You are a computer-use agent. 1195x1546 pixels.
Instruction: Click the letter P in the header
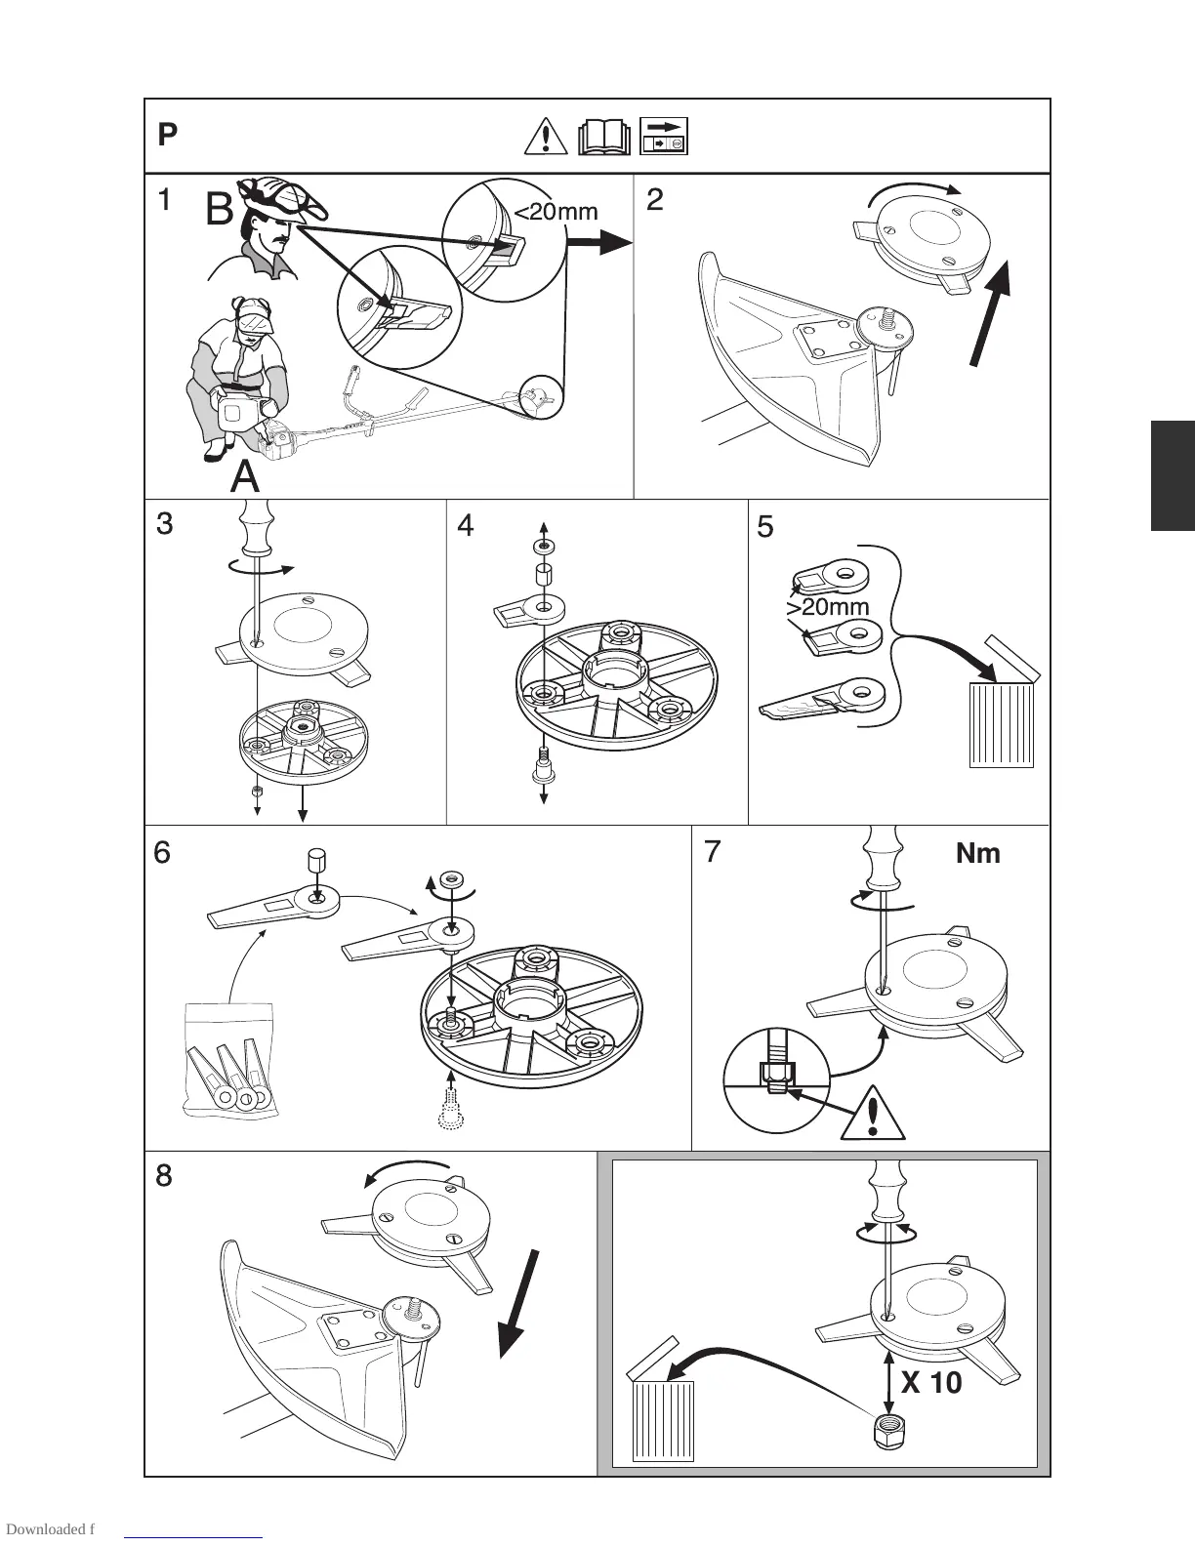(x=167, y=136)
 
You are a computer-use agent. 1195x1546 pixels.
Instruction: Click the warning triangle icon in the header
(x=547, y=136)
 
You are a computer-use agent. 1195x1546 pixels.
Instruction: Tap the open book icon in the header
(x=604, y=137)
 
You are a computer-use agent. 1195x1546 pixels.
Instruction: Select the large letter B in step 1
(x=220, y=210)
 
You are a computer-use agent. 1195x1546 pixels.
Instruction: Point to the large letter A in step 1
(x=245, y=477)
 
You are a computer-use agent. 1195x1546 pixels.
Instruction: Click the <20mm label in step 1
(x=556, y=211)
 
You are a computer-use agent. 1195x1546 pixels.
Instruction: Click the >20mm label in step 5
(x=827, y=607)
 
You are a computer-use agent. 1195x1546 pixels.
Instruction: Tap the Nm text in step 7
(x=977, y=854)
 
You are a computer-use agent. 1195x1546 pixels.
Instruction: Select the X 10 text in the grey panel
(x=931, y=1382)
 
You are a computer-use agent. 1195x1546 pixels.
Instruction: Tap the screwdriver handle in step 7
(x=885, y=856)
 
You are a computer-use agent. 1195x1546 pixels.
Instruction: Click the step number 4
(x=466, y=526)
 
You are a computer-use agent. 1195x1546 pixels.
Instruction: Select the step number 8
(x=164, y=1176)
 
